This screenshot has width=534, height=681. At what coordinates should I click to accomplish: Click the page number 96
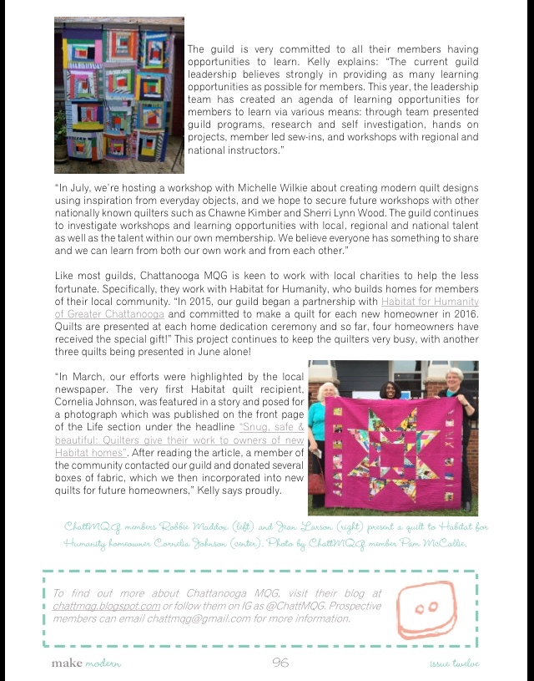[x=280, y=663]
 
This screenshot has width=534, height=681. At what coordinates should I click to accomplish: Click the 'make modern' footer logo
[x=85, y=663]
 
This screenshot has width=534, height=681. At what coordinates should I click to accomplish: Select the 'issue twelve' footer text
[x=449, y=663]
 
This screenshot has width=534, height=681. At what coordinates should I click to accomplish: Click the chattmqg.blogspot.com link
[x=106, y=606]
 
